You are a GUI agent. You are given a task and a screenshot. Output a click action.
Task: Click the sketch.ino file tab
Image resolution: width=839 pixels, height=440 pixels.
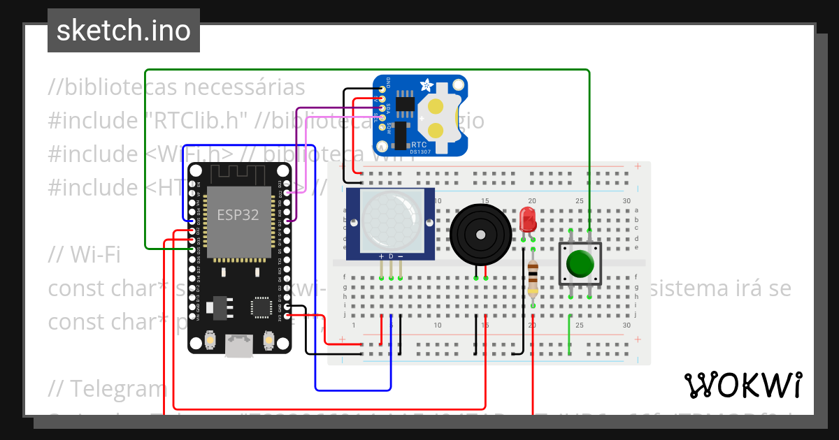123,31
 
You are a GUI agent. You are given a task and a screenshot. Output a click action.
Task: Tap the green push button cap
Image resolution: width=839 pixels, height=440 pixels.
580,263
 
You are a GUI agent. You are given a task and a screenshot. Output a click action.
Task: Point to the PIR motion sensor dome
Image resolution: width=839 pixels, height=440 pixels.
390,221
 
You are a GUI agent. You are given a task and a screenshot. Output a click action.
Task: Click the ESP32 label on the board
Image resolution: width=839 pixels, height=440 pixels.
238,215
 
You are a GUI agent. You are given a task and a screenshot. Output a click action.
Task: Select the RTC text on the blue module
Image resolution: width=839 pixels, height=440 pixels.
419,145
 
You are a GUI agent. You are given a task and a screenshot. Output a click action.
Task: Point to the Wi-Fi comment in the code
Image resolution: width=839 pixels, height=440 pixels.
84,255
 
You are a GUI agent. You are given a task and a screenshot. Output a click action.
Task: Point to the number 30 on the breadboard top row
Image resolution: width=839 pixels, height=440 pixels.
626,201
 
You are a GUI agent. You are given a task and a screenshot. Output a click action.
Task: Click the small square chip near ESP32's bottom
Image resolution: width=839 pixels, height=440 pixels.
261,307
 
